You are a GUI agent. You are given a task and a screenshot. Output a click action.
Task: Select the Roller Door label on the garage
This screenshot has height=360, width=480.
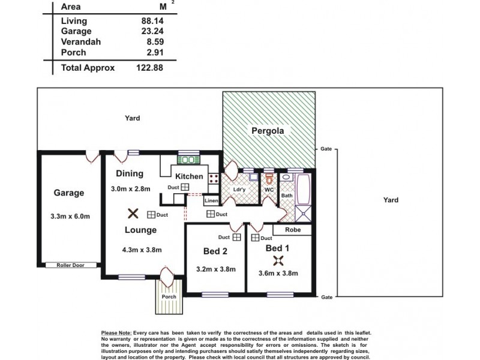pyautogui.click(x=70, y=265)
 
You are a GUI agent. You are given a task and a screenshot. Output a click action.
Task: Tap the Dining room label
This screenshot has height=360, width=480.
pyautogui.click(x=129, y=174)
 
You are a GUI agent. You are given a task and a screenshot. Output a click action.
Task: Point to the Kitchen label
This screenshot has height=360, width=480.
pyautogui.click(x=189, y=176)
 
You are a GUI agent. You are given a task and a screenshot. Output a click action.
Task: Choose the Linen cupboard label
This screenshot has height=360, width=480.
pyautogui.click(x=211, y=201)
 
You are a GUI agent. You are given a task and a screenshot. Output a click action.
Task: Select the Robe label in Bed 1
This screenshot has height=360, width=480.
pyautogui.click(x=293, y=230)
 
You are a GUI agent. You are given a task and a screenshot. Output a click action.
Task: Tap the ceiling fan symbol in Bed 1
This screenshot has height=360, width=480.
pyautogui.click(x=278, y=260)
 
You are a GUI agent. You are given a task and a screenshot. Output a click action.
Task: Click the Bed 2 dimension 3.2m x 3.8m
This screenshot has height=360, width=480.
pyautogui.click(x=215, y=269)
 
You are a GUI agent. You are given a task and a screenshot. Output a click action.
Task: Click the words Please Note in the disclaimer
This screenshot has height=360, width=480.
pyautogui.click(x=116, y=332)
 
